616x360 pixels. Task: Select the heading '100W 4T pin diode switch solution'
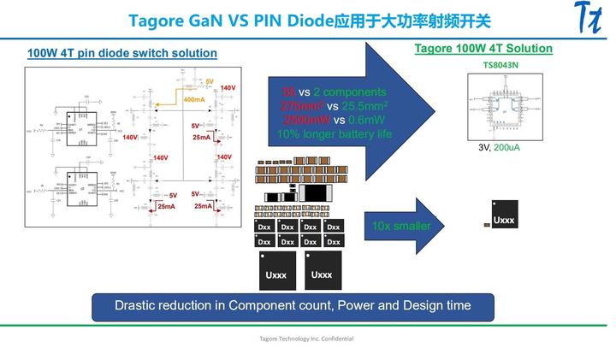pos(121,53)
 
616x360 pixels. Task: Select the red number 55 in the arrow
pos(289,91)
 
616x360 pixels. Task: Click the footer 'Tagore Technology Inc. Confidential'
pos(306,339)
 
